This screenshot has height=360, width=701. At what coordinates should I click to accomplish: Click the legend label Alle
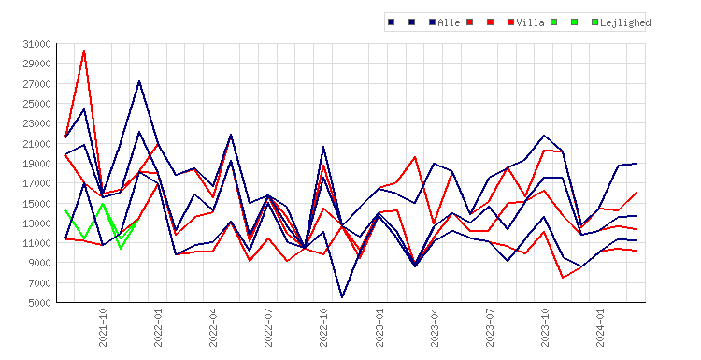[x=449, y=22]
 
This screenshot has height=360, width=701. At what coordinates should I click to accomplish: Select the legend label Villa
[x=530, y=22]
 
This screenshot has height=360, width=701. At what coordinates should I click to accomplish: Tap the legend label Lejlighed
[x=625, y=22]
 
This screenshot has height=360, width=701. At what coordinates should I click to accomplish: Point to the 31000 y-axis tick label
[x=37, y=44]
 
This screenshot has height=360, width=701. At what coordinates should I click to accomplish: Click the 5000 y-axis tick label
[x=40, y=303]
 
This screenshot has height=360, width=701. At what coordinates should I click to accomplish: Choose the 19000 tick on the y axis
[x=37, y=164]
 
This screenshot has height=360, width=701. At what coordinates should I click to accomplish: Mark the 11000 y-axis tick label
[x=37, y=243]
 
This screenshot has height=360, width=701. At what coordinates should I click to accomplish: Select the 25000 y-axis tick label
[x=37, y=104]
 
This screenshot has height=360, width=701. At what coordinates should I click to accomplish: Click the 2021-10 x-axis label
[x=103, y=328]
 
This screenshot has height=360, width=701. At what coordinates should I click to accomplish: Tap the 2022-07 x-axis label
[x=268, y=328]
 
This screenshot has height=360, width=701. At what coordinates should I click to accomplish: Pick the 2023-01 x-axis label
[x=379, y=328]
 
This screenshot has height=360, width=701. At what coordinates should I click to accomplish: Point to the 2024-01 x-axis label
[x=600, y=328]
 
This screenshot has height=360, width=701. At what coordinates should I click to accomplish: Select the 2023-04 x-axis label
[x=435, y=328]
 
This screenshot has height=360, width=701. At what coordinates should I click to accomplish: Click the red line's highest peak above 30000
[x=84, y=50]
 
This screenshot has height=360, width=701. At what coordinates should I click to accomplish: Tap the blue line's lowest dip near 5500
[x=342, y=297]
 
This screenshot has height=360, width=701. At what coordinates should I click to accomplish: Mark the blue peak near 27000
[x=139, y=81]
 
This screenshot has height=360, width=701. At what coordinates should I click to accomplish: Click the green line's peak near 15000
[x=103, y=204]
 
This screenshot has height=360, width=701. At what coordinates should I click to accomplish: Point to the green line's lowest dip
[x=121, y=249]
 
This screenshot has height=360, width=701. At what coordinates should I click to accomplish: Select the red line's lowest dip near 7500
[x=563, y=278]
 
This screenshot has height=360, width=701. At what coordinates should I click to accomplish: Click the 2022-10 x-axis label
[x=323, y=328]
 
